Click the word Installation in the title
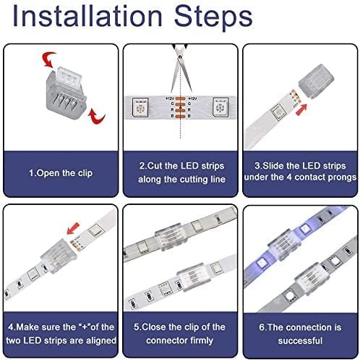[x=87, y=17]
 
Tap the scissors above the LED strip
[x=181, y=67]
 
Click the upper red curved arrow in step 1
[x=48, y=59]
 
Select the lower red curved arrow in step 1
[x=96, y=117]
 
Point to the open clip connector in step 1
[x=66, y=93]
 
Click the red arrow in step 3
[x=301, y=109]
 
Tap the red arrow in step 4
[x=73, y=228]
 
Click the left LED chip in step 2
[x=140, y=107]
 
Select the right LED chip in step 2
[x=220, y=107]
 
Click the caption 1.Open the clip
[x=61, y=173]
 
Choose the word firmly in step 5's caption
[x=202, y=340]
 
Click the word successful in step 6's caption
[x=300, y=340]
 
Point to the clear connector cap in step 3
[x=316, y=81]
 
